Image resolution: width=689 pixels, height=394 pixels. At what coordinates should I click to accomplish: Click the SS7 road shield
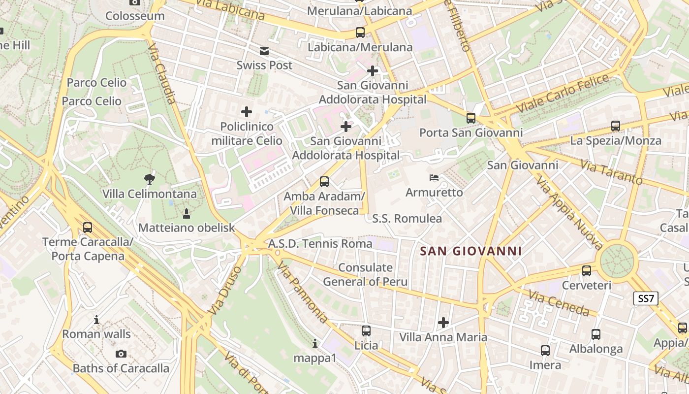[646, 298]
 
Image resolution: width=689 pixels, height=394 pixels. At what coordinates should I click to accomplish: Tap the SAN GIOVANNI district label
[471, 251]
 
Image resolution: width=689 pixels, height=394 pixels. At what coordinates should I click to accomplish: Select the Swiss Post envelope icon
[264, 51]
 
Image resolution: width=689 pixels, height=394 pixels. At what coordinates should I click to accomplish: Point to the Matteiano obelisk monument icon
[187, 213]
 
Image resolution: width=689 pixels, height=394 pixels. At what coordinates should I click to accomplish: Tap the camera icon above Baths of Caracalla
[121, 354]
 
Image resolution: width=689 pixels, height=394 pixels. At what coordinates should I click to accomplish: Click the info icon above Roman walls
[96, 320]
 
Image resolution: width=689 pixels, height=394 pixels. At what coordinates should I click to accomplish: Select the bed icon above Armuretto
[434, 178]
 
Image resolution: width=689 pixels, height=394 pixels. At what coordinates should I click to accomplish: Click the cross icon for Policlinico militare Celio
[247, 112]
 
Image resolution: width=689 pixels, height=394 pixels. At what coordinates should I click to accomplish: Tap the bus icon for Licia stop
[366, 330]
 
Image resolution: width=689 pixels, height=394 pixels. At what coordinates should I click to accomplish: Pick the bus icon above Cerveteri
[586, 270]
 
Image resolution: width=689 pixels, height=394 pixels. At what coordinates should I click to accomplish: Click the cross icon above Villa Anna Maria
[443, 323]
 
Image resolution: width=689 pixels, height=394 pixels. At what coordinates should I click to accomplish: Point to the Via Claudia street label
[162, 74]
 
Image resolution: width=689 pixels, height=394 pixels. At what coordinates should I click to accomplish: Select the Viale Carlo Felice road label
[565, 92]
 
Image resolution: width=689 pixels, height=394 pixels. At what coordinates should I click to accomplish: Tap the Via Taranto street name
[611, 172]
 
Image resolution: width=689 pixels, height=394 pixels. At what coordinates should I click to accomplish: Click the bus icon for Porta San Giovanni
[471, 118]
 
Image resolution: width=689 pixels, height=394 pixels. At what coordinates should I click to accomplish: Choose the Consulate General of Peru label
[365, 274]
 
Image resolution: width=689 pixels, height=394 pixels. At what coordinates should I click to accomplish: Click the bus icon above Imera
[545, 351]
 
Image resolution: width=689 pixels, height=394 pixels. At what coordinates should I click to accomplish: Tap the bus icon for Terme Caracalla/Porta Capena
[88, 228]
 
